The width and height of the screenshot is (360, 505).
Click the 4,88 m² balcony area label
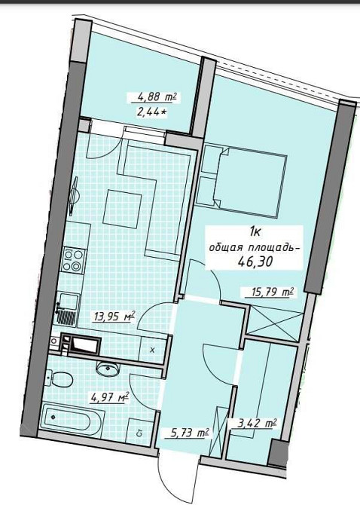(157, 97)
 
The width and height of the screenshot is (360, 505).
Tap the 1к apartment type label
(256, 234)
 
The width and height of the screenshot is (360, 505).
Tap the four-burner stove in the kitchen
(74, 260)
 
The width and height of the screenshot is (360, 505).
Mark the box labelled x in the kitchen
(152, 349)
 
